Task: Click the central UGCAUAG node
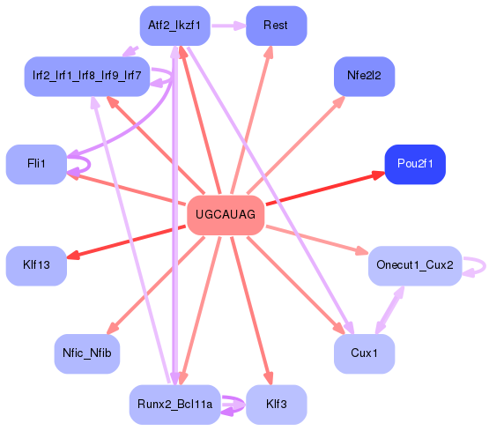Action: click(226, 215)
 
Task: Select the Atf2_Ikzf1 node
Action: click(174, 26)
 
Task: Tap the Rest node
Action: click(276, 26)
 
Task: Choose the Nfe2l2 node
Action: click(364, 76)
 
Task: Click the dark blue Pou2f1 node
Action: click(415, 165)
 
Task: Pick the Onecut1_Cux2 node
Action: click(414, 265)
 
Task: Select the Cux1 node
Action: click(364, 353)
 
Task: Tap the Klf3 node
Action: click(276, 405)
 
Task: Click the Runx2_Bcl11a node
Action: click(174, 405)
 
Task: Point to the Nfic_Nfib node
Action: click(86, 353)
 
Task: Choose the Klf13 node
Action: click(36, 265)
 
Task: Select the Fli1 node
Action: click(36, 164)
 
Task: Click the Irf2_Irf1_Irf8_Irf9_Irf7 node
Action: click(86, 76)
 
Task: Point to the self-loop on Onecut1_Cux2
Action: click(476, 265)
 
